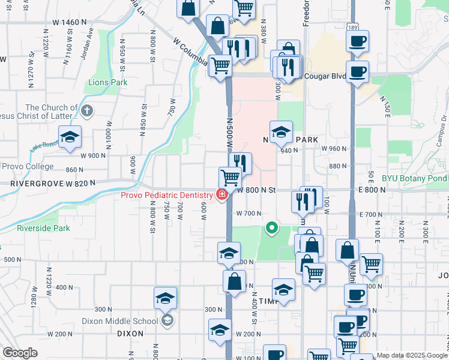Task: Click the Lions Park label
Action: coord(108,82)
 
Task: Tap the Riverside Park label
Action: coord(43,228)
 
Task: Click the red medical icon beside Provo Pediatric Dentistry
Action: coord(221,194)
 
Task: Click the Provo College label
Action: coord(28,167)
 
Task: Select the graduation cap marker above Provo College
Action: coord(70,137)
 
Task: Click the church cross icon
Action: coord(87,110)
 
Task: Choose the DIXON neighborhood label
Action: coord(130,334)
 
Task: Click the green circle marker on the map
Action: coord(272,227)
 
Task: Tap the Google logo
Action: coord(20,353)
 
